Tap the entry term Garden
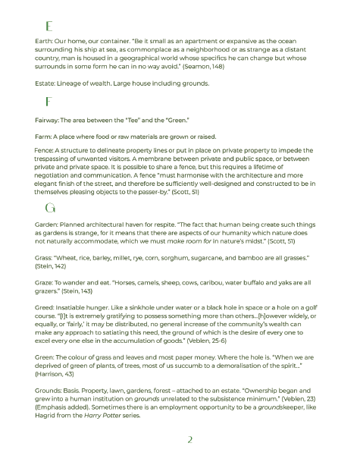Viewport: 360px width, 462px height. [46, 225]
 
